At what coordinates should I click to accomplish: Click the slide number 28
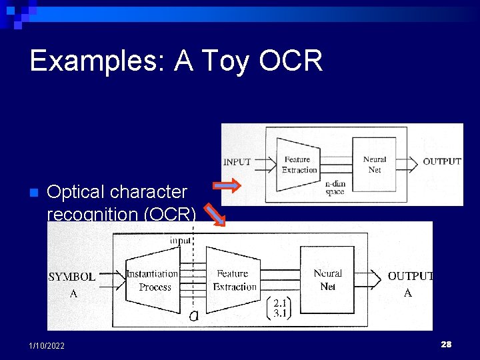tap(446, 344)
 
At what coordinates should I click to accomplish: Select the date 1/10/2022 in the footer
tap(47, 345)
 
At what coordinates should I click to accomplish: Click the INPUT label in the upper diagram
tap(237, 161)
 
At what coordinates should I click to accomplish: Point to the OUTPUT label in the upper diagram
tap(441, 161)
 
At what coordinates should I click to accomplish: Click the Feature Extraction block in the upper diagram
tap(299, 164)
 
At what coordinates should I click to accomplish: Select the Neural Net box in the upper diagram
tap(375, 164)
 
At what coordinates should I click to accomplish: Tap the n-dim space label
tap(335, 187)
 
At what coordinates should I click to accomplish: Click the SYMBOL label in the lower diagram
tap(72, 277)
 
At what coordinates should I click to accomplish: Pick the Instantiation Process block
tap(153, 280)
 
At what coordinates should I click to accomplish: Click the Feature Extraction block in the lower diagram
tap(234, 280)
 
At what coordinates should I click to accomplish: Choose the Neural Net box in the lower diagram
tap(327, 279)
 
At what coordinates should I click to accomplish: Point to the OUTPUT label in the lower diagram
tap(410, 276)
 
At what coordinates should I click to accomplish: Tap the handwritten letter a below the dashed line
tap(193, 316)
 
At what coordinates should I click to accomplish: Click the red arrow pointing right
tap(227, 185)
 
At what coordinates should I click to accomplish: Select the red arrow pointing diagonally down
tap(215, 214)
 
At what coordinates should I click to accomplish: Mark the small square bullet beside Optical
tap(33, 193)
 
